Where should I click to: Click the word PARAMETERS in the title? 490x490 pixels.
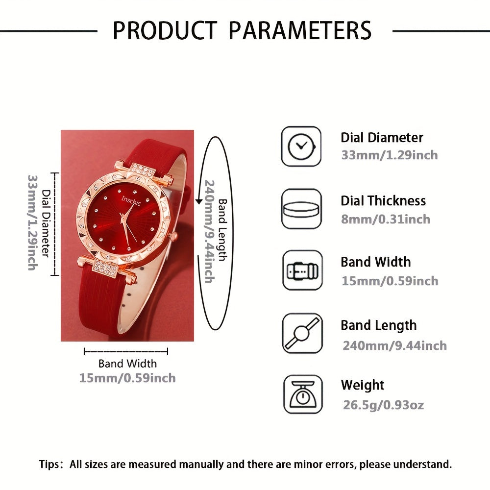[x=300, y=30]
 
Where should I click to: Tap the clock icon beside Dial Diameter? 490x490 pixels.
[x=301, y=146]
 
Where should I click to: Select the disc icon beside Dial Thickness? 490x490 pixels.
[x=301, y=209]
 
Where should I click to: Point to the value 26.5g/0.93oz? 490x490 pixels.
[x=383, y=405]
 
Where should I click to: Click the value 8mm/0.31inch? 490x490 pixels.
[x=386, y=219]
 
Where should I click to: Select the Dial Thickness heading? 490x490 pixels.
[x=383, y=200]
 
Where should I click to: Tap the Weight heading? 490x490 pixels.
[x=363, y=385]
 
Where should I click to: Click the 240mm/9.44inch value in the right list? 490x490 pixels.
[x=394, y=346]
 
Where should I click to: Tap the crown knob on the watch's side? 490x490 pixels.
[x=172, y=237]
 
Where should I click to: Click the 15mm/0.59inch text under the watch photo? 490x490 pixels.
[x=127, y=378]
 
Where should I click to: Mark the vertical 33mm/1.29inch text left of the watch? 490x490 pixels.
[x=32, y=222]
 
